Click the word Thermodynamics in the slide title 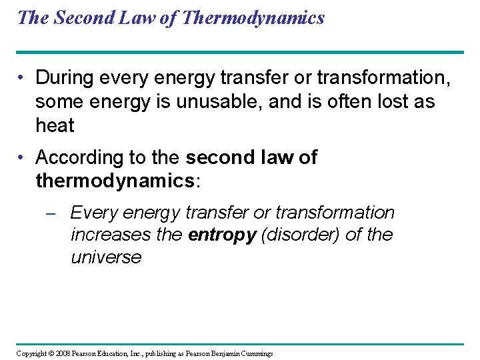pyautogui.click(x=253, y=17)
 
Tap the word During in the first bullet pyautogui.click(x=65, y=78)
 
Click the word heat pyautogui.click(x=55, y=125)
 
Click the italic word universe pyautogui.click(x=106, y=258)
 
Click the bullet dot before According pyautogui.click(x=23, y=158)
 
